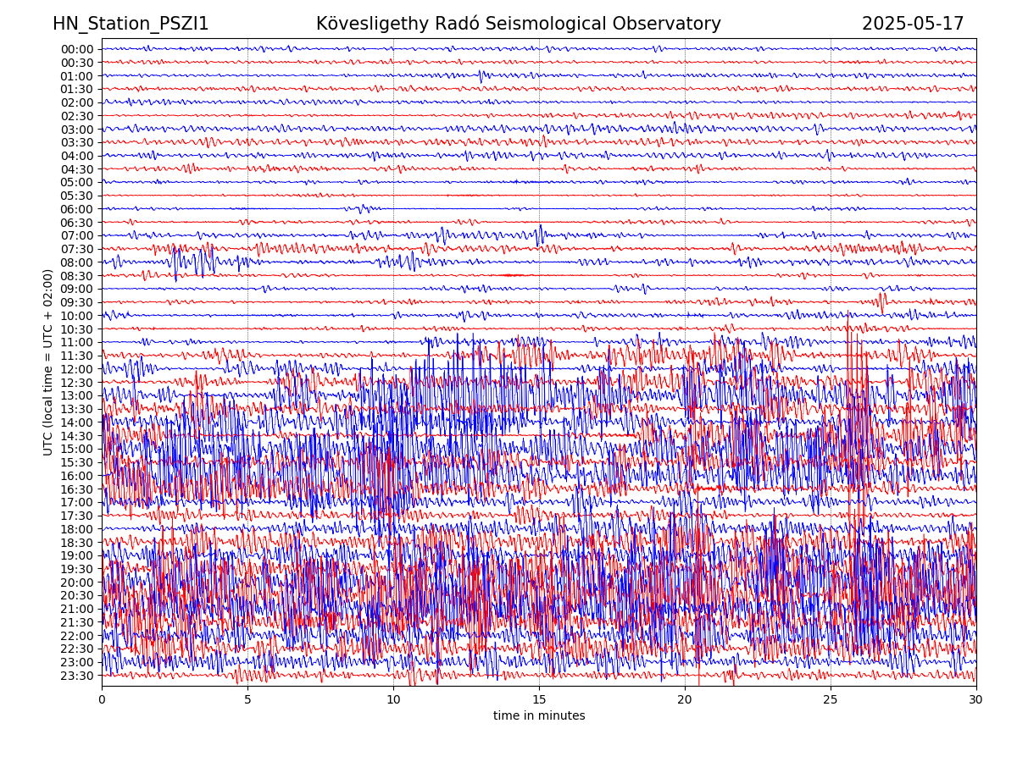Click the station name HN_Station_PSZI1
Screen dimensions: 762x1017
point(131,24)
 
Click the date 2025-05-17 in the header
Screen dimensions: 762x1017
point(913,24)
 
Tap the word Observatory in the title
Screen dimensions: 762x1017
point(675,24)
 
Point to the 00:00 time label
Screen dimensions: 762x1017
point(77,49)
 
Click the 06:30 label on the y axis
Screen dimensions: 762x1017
point(77,223)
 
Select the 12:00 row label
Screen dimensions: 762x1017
point(77,369)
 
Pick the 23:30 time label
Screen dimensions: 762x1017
point(77,676)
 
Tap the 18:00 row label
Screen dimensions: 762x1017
point(77,529)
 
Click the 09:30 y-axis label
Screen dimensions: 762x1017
point(77,302)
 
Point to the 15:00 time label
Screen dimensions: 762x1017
point(77,449)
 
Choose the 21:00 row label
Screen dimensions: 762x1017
point(77,609)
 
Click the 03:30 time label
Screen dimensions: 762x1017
point(77,142)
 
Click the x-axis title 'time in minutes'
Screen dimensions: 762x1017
point(539,716)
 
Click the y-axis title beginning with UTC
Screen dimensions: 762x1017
point(48,362)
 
